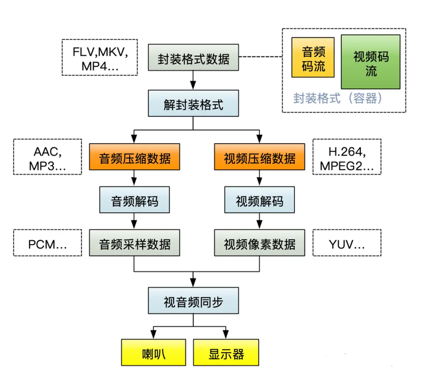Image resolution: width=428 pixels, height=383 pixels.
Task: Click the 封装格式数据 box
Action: (193, 59)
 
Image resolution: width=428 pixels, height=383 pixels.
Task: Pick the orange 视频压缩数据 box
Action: (259, 158)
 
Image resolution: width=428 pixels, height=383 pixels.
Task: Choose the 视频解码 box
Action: (259, 200)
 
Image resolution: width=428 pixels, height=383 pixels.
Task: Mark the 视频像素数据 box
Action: (259, 243)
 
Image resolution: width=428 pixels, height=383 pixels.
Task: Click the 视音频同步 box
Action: (193, 300)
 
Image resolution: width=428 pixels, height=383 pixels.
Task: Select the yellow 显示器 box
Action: (226, 353)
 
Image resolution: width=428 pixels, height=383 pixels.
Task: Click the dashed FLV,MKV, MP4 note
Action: (96, 57)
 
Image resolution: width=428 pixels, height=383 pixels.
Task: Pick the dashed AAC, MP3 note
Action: (47, 157)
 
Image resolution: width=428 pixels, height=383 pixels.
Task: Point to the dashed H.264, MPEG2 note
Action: (347, 157)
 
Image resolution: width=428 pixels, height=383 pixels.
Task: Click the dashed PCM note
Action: (47, 243)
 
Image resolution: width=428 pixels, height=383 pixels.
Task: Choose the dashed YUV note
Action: (347, 243)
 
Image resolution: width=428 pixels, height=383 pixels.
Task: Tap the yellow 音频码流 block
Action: (311, 58)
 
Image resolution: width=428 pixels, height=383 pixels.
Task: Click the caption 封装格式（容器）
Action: (337, 98)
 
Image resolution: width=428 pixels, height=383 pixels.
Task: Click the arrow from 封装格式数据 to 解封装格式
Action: (193, 81)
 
